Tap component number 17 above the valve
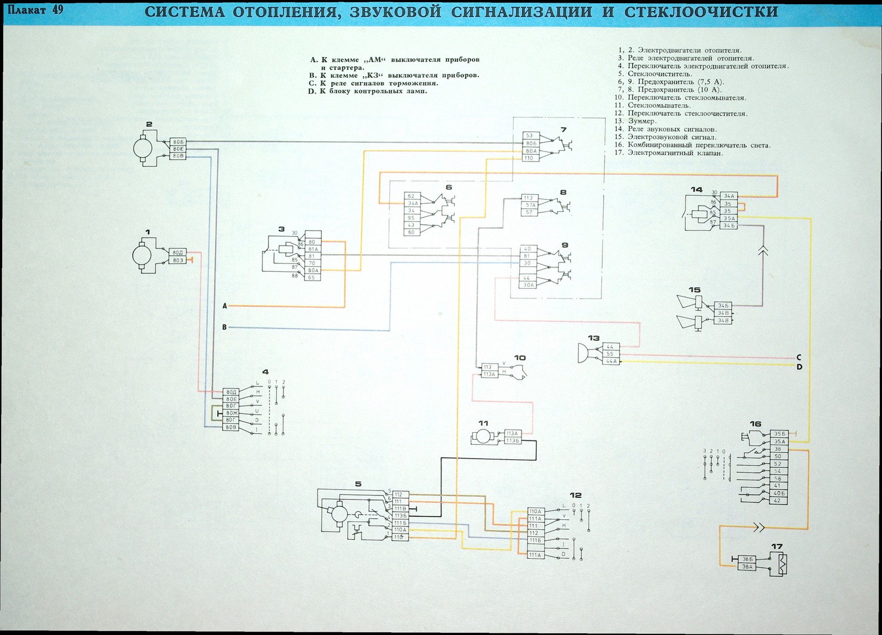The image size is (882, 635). click(x=777, y=547)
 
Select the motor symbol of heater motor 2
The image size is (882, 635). click(x=144, y=148)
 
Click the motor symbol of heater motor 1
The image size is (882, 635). click(x=144, y=255)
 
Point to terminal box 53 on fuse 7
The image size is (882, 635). click(x=530, y=136)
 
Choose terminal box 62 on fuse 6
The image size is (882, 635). click(x=411, y=196)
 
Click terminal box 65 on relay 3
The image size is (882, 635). click(x=312, y=278)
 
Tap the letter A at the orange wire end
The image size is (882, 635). click(x=224, y=305)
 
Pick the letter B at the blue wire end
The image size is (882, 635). click(x=224, y=327)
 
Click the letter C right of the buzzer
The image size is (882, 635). click(x=799, y=358)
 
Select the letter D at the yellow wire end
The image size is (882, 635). click(x=799, y=367)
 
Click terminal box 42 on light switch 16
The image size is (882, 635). click(x=777, y=501)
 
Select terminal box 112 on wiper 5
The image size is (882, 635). click(x=400, y=494)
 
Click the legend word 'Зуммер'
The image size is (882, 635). click(x=642, y=121)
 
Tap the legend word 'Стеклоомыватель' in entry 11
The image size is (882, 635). click(x=659, y=105)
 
